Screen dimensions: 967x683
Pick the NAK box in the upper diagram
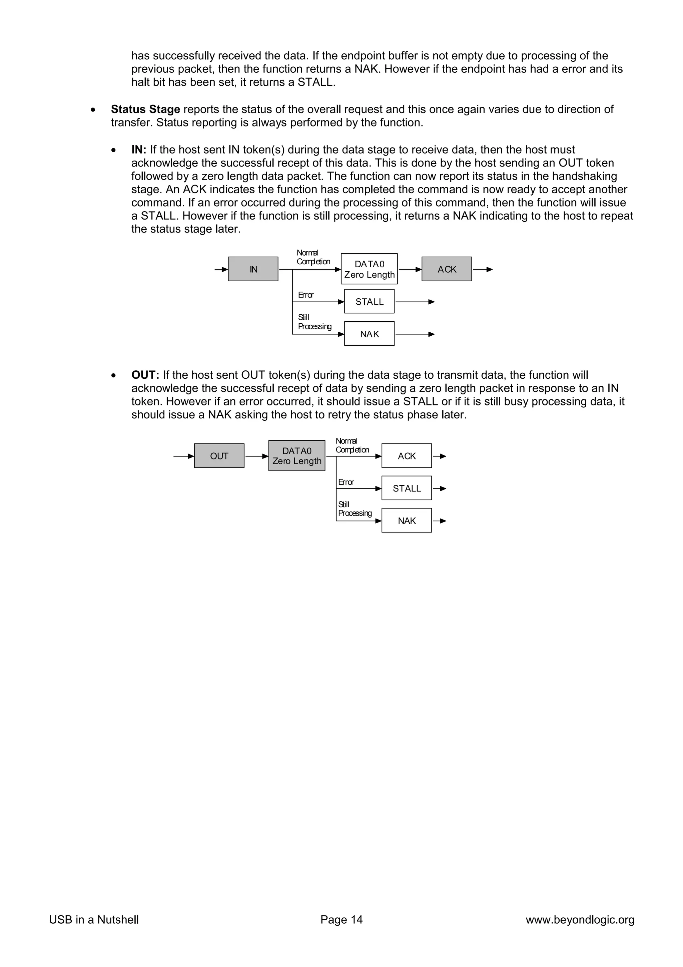[x=369, y=334]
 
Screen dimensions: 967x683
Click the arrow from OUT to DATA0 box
[x=256, y=456]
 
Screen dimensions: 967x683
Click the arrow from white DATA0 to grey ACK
[x=410, y=269]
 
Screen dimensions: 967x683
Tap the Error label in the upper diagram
[x=305, y=295]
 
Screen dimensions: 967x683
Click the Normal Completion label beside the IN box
[x=313, y=257]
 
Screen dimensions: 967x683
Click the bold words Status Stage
[x=145, y=109]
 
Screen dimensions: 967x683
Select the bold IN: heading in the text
[x=138, y=149]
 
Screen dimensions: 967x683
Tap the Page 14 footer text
[x=341, y=919]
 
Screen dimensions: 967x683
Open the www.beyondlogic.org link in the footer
[x=580, y=919]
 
